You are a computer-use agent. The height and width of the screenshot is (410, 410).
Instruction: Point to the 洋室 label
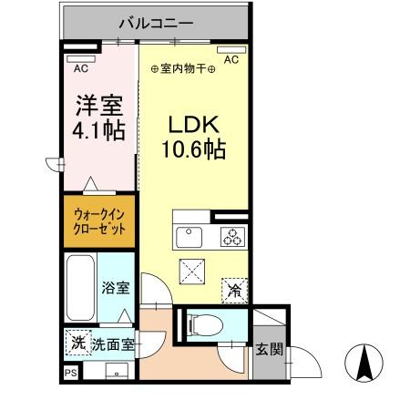click(96, 105)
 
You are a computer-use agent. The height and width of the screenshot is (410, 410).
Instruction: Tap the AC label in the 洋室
click(81, 67)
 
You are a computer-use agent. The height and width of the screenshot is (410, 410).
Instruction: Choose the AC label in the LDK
click(231, 60)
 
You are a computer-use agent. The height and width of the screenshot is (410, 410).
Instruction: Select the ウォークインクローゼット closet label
click(97, 222)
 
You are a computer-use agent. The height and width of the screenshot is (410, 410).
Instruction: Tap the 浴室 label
click(115, 289)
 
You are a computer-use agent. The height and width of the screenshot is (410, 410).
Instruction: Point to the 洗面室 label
click(114, 345)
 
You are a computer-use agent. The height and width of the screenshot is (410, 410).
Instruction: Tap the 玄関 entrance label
click(270, 349)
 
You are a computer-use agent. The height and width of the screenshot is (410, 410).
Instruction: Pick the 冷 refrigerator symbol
click(234, 291)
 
